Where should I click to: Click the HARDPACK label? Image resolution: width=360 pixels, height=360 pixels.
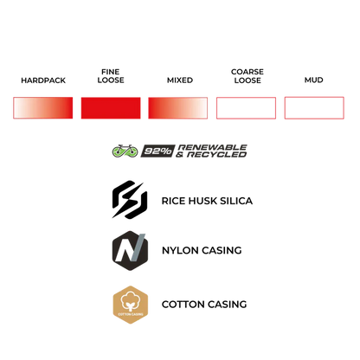(x=43, y=80)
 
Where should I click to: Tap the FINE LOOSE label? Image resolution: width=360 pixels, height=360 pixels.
(x=111, y=76)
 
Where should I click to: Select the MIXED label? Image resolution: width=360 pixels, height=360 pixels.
(x=180, y=80)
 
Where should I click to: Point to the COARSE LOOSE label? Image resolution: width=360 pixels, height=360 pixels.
(x=247, y=76)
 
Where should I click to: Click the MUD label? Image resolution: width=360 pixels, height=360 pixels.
(x=314, y=80)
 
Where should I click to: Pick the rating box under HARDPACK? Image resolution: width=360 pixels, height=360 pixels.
(x=43, y=108)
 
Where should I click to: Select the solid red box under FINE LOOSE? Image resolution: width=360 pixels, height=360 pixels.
(x=111, y=108)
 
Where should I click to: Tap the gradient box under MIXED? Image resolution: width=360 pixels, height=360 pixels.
(x=178, y=108)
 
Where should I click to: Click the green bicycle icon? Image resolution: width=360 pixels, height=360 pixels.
(x=125, y=151)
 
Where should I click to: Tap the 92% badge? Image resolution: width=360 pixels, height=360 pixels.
(x=157, y=151)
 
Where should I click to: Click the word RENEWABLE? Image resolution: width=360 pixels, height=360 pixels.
(x=213, y=147)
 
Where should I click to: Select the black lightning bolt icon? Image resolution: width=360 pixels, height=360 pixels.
(x=130, y=199)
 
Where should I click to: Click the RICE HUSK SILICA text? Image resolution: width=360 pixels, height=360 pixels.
(x=207, y=201)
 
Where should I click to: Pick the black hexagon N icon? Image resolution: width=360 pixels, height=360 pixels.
(x=130, y=250)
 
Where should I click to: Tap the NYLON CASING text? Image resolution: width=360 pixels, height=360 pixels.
(x=202, y=250)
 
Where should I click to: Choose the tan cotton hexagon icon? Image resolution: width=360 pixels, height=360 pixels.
(x=131, y=305)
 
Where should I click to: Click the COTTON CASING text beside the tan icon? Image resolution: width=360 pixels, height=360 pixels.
(x=204, y=305)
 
